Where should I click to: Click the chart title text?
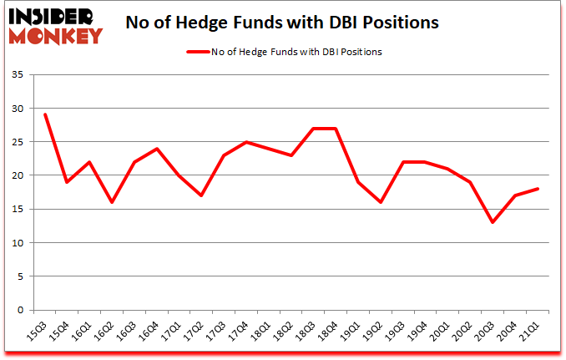pyautogui.click(x=281, y=23)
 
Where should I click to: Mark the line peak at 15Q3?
pyautogui.click(x=45, y=114)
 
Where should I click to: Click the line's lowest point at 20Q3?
pyautogui.click(x=493, y=222)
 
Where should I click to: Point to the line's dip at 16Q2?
pyautogui.click(x=112, y=202)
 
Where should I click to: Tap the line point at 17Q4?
pyautogui.click(x=246, y=142)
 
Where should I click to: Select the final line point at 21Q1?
pyautogui.click(x=538, y=189)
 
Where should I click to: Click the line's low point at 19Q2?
pyautogui.click(x=381, y=202)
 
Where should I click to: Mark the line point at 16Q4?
pyautogui.click(x=157, y=149)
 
